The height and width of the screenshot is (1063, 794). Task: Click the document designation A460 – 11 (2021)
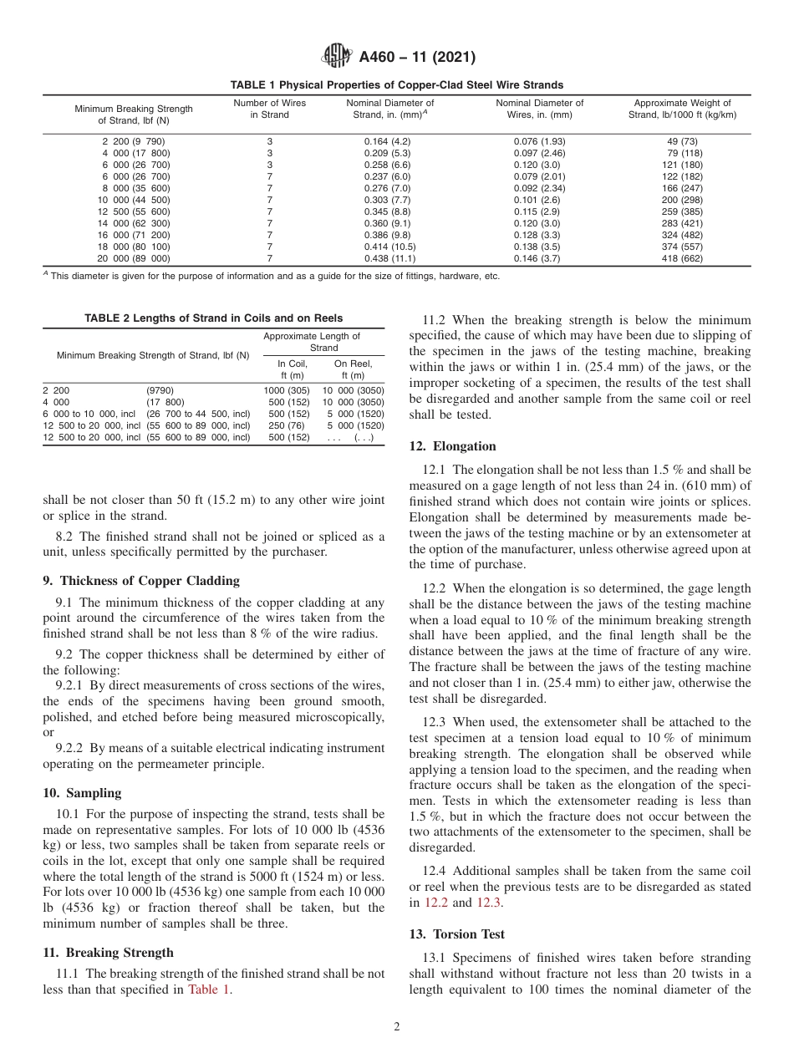tap(417, 58)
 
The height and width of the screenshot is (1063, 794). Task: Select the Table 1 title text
tap(397, 85)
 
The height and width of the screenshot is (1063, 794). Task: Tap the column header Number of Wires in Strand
tap(269, 109)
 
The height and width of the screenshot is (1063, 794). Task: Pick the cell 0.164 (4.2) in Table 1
tap(387, 141)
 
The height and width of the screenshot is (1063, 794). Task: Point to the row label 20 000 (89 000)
tap(134, 259)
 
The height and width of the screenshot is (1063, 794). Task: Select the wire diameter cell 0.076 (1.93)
tap(539, 141)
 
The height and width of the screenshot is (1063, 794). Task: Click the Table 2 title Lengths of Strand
tap(213, 318)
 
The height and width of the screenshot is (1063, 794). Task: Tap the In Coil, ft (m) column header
tap(287, 369)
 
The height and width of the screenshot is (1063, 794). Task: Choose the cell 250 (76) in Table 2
tap(287, 425)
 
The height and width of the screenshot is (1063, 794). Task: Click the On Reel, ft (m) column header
tap(354, 369)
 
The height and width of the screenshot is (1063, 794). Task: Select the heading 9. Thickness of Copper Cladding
tap(141, 581)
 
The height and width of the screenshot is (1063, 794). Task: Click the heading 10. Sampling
tap(82, 793)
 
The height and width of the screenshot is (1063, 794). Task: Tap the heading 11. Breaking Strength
tap(109, 953)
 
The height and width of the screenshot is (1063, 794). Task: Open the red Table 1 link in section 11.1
tap(208, 990)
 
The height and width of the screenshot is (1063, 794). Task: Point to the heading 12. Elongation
tap(452, 446)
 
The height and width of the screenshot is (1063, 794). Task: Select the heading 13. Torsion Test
tap(457, 934)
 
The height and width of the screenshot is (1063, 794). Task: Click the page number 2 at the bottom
tap(397, 1027)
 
